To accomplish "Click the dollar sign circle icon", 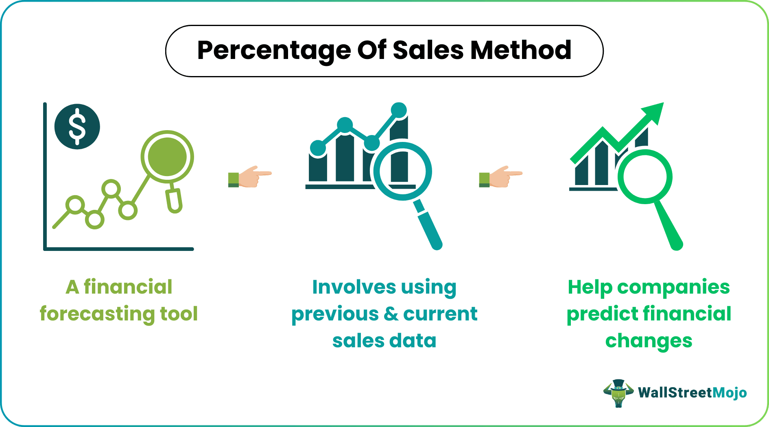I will click(x=77, y=126).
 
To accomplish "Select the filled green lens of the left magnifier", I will click(x=167, y=157).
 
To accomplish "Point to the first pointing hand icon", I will click(x=249, y=176).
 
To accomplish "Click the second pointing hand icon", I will click(x=500, y=176).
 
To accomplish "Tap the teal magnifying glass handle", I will click(x=430, y=226).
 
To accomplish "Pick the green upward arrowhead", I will click(x=653, y=112).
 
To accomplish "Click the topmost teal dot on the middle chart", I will click(x=399, y=110).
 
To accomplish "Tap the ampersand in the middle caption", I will click(x=391, y=314).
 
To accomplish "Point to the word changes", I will click(x=649, y=341).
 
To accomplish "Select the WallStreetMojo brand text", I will click(x=692, y=393).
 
